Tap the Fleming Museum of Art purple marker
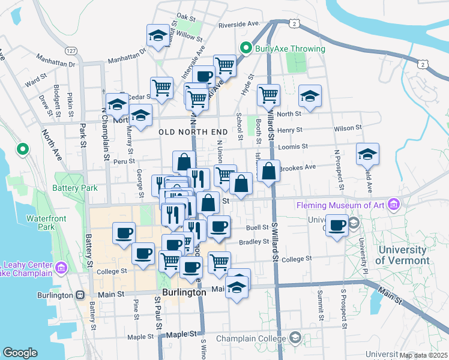pyautogui.click(x=393, y=205)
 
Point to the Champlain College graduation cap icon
pyautogui.click(x=295, y=338)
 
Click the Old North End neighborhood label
pyautogui.click(x=193, y=131)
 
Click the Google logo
pyautogui.click(x=20, y=353)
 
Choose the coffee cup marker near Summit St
pyautogui.click(x=337, y=226)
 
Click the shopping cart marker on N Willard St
pyautogui.click(x=268, y=94)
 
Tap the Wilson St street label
pyautogui.click(x=348, y=128)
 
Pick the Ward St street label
pyautogui.click(x=36, y=79)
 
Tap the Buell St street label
pyautogui.click(x=258, y=228)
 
